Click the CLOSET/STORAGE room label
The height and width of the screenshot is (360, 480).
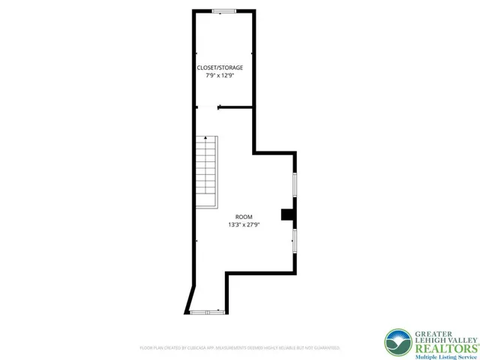pyautogui.click(x=220, y=67)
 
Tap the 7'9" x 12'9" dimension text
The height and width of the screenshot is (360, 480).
pyautogui.click(x=220, y=75)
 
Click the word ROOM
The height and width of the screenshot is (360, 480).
pyautogui.click(x=244, y=217)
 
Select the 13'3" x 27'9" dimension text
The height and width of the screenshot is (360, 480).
pyautogui.click(x=244, y=224)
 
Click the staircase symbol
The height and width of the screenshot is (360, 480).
pyautogui.click(x=206, y=172)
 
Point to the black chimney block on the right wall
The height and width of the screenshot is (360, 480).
pyautogui.click(x=288, y=215)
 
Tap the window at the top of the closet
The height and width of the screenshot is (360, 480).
pyautogui.click(x=223, y=10)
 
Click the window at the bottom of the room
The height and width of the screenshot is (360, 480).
pyautogui.click(x=206, y=311)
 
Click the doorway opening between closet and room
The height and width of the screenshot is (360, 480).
pyautogui.click(x=207, y=107)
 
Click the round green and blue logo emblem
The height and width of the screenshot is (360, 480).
pyautogui.click(x=398, y=343)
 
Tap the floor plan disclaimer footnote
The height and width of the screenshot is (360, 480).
pyautogui.click(x=240, y=348)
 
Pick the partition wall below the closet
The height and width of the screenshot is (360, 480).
pyautogui.click(x=236, y=107)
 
